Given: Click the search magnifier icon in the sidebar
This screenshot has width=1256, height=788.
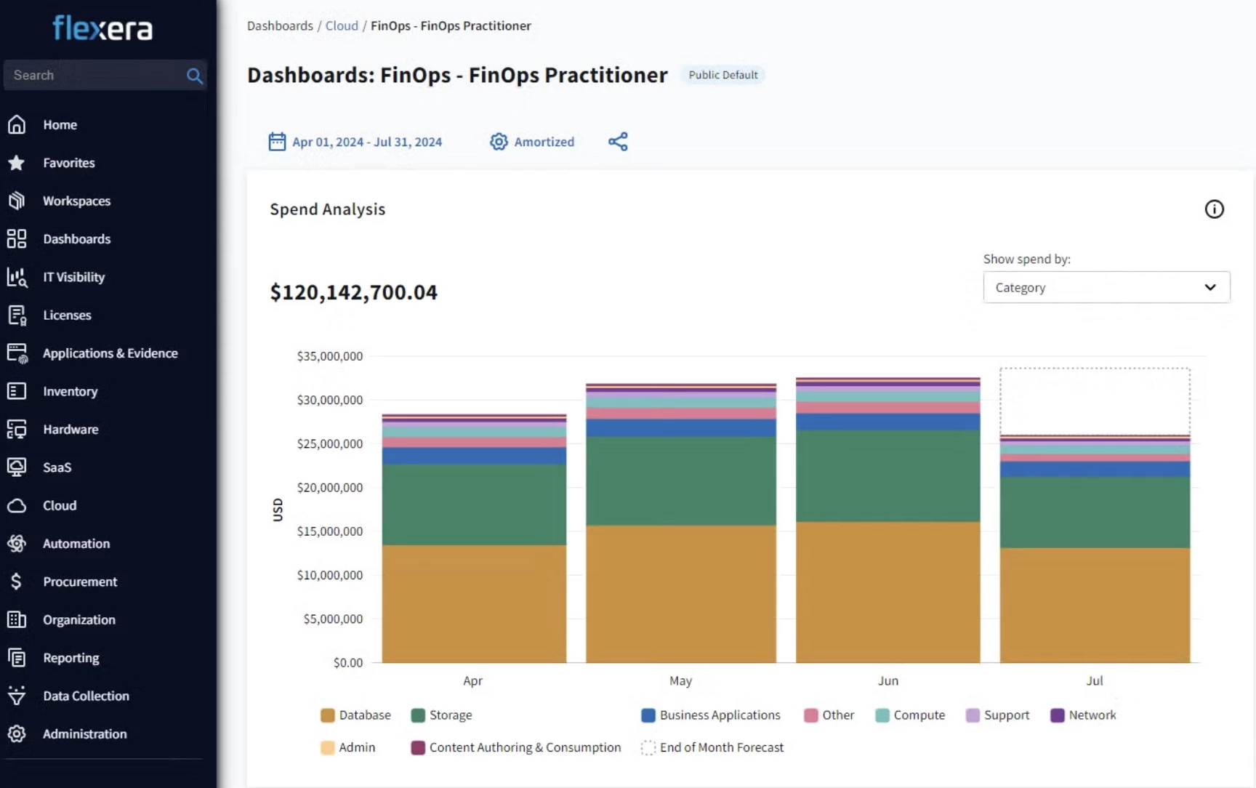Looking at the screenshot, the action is pyautogui.click(x=194, y=76).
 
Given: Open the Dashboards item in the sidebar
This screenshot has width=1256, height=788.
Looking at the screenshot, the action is pyautogui.click(x=76, y=239).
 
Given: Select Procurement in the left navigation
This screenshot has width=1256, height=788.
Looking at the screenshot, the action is pyautogui.click(x=80, y=582).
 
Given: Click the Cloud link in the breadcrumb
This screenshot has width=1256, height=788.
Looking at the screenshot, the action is pyautogui.click(x=342, y=25).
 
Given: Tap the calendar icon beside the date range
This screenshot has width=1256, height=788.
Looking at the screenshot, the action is pyautogui.click(x=277, y=141).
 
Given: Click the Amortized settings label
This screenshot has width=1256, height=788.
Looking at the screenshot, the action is pyautogui.click(x=544, y=142).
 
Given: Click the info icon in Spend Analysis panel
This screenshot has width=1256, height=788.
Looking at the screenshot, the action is pyautogui.click(x=1214, y=209).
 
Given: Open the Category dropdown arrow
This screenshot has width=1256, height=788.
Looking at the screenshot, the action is pyautogui.click(x=1210, y=287).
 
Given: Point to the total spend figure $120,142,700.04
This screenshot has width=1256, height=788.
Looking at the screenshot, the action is pyautogui.click(x=354, y=292).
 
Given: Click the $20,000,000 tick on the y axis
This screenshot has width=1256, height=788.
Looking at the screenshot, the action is pyautogui.click(x=329, y=488).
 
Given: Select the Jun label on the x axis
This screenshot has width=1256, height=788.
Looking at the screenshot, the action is pyautogui.click(x=888, y=681).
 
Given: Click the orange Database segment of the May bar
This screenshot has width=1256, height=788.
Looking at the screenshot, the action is pyautogui.click(x=681, y=594).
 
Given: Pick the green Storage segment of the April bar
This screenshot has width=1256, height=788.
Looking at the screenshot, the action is pyautogui.click(x=474, y=504).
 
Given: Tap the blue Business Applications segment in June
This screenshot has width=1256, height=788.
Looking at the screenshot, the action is pyautogui.click(x=888, y=422).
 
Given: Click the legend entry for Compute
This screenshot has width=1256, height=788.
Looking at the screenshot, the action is pyautogui.click(x=910, y=715).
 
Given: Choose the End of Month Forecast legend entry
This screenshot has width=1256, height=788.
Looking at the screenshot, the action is pyautogui.click(x=712, y=747).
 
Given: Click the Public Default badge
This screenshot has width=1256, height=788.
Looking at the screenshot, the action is pyautogui.click(x=723, y=75).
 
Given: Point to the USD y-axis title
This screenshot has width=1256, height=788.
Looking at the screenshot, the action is pyautogui.click(x=278, y=510).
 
